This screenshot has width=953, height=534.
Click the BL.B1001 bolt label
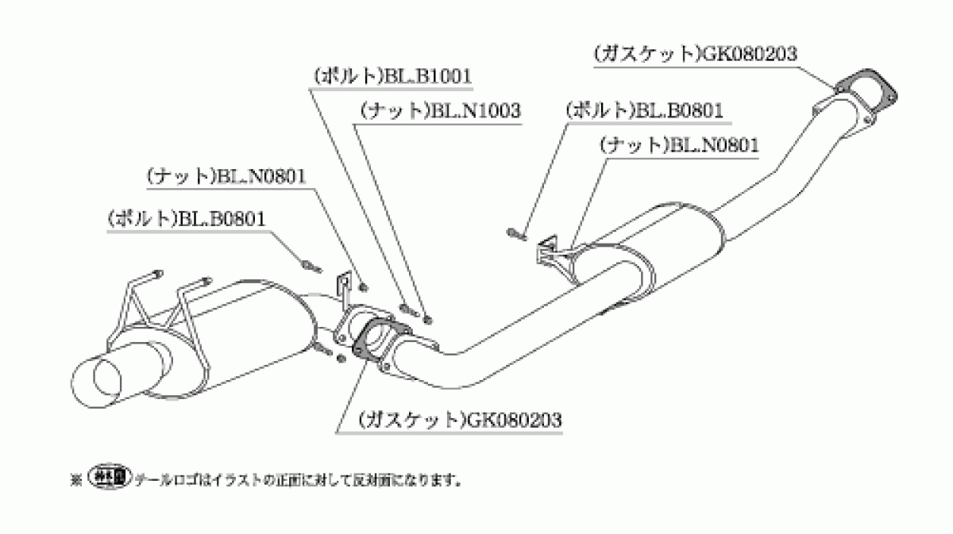tap(392, 76)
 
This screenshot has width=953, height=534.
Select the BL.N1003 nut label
tap(440, 111)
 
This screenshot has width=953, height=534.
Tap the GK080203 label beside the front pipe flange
tap(695, 54)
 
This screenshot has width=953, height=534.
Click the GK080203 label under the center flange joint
tap(460, 420)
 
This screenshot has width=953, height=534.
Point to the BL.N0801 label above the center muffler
tap(679, 145)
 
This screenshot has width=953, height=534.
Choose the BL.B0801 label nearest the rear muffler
tap(187, 219)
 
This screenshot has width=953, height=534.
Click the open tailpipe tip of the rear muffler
tap(97, 381)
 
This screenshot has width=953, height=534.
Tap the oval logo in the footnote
tap(110, 476)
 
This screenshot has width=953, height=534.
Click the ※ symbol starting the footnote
tap(76, 480)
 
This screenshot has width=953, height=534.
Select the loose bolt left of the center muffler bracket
tap(516, 234)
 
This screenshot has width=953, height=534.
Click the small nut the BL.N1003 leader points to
tap(428, 319)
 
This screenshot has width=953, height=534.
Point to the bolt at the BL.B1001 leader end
tap(407, 309)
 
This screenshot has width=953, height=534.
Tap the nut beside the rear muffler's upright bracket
tap(364, 287)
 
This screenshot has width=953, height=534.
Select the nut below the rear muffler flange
tap(341, 359)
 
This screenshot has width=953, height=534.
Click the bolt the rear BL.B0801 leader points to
tap(312, 267)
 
